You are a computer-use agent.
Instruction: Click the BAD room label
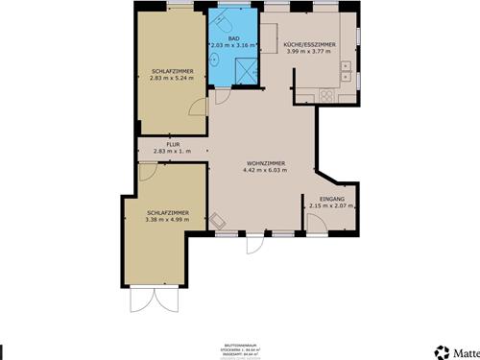coord(233,36)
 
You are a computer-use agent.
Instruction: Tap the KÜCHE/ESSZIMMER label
coord(309,44)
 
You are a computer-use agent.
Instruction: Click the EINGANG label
coord(332,198)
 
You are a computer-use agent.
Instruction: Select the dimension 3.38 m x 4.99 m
coord(167,220)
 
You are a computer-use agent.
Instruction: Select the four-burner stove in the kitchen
coord(326,94)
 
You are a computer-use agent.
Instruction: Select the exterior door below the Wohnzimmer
coord(253,244)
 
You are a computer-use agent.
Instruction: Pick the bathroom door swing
coord(219,94)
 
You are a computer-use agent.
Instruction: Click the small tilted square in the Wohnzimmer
coord(221,220)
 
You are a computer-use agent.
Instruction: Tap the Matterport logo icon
coord(443,351)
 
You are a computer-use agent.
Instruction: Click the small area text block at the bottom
coord(240,351)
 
